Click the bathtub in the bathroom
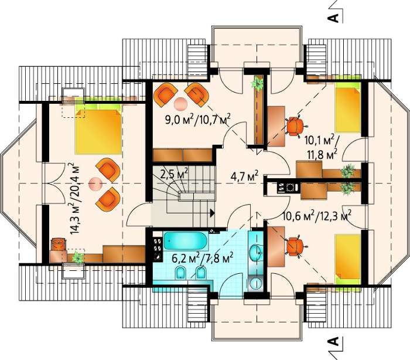point(186,241)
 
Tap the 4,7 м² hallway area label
point(244,176)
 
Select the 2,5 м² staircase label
point(174,173)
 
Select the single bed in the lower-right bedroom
point(348,256)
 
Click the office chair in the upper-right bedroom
point(295,126)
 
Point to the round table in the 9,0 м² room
point(180,104)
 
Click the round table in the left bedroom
point(95,184)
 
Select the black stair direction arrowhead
point(212,213)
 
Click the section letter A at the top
point(333,17)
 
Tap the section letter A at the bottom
point(333,341)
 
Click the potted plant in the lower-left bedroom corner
point(78,257)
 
